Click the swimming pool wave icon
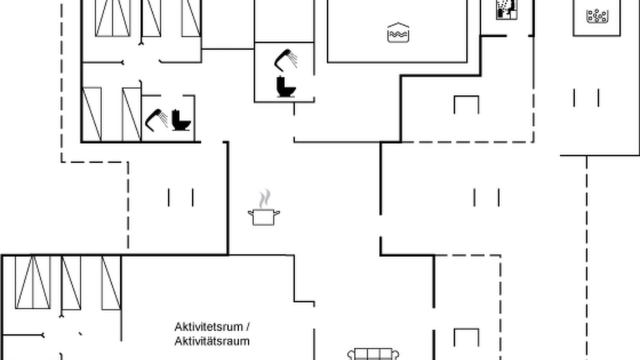398,32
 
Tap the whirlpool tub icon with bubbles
597,16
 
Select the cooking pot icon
263,217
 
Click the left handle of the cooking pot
250,213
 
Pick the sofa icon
373,354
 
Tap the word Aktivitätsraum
212,341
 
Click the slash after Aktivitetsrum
248,327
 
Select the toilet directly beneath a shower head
285,87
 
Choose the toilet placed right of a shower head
181,120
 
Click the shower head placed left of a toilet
156,120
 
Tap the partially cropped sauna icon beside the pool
507,9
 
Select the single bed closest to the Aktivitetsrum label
111,283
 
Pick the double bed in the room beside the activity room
33,282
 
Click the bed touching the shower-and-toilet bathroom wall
131,114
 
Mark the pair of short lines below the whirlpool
586,98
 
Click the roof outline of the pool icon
398,25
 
